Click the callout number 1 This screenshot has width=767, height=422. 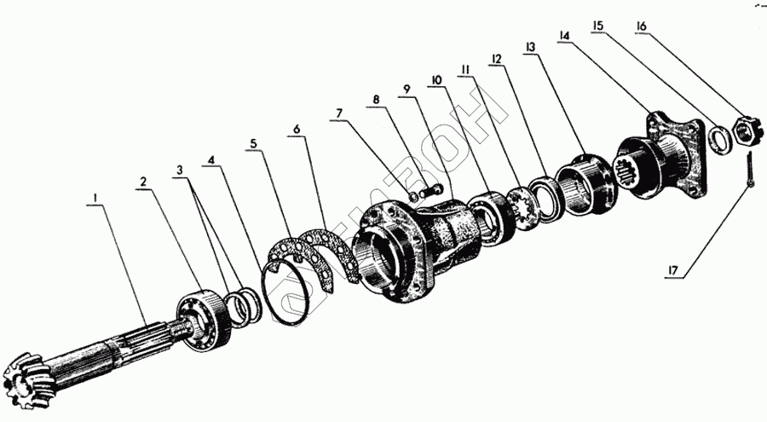click(x=95, y=198)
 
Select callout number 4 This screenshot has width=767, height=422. click(x=210, y=160)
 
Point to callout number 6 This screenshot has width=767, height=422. click(x=297, y=130)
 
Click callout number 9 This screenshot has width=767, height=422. click(x=407, y=90)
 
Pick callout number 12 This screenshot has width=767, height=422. click(x=496, y=59)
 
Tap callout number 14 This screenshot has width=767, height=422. click(x=563, y=35)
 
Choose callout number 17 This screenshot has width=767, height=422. click(x=673, y=269)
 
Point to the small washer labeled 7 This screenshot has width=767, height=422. click(x=414, y=196)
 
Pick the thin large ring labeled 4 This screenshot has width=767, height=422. click(x=286, y=292)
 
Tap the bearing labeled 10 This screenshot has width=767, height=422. click(x=490, y=219)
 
